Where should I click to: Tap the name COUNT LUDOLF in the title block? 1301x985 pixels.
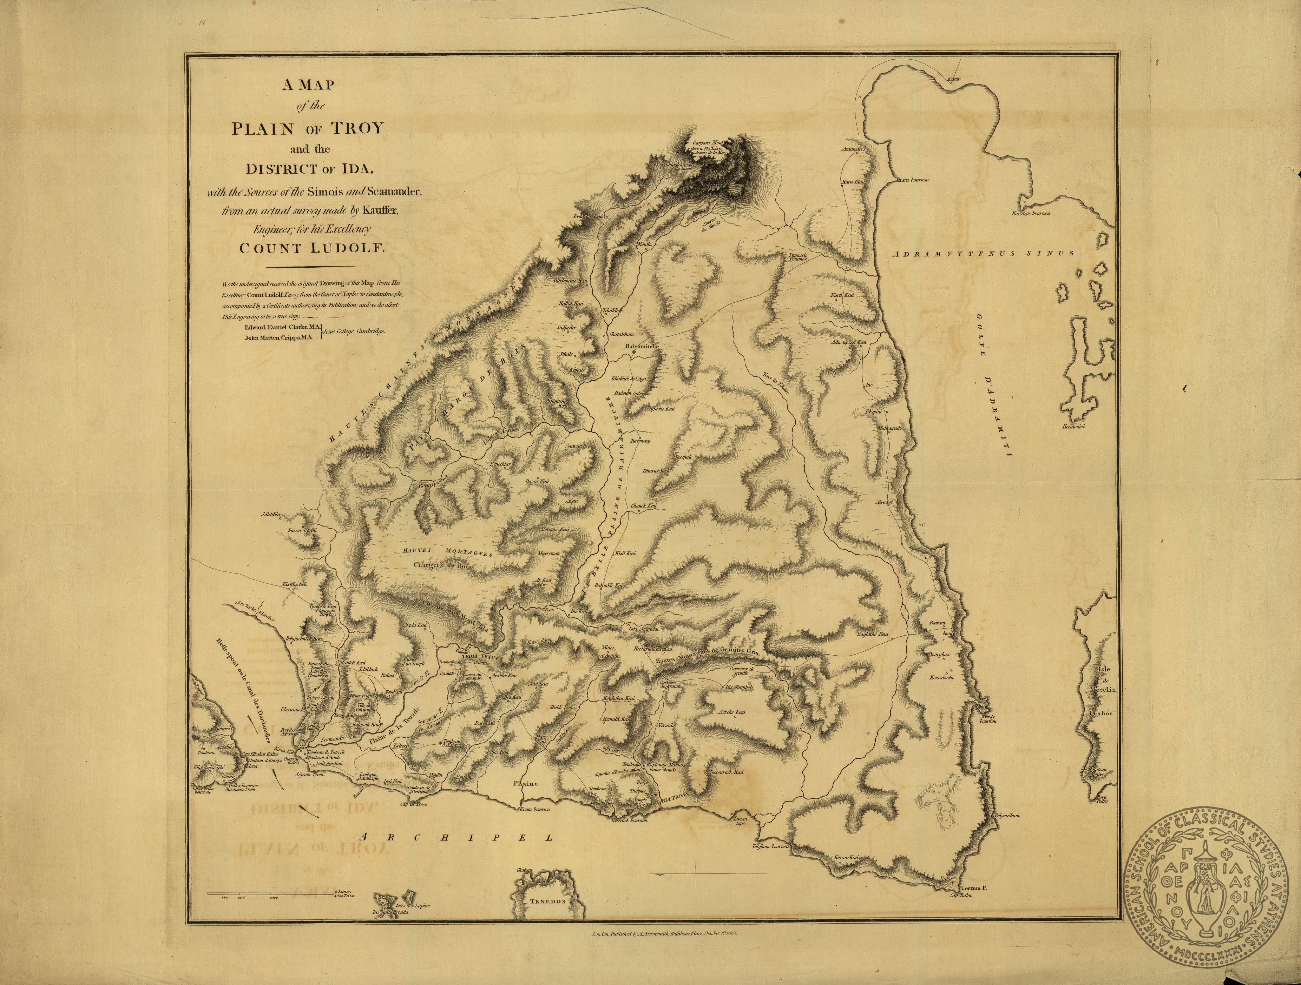[312, 247]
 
